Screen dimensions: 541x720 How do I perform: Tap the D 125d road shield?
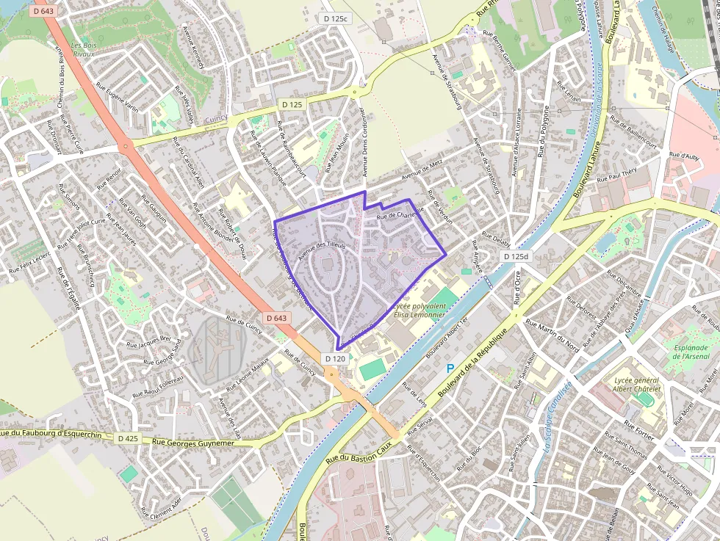[517, 256]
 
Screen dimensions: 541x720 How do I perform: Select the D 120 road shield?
[334, 358]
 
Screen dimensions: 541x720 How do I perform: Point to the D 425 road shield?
[127, 438]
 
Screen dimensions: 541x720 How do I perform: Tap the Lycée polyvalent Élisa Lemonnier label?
[420, 309]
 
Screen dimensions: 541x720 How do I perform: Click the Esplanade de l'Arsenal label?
[692, 352]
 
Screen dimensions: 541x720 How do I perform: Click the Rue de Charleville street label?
[400, 216]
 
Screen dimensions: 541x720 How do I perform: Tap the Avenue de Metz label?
[422, 170]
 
